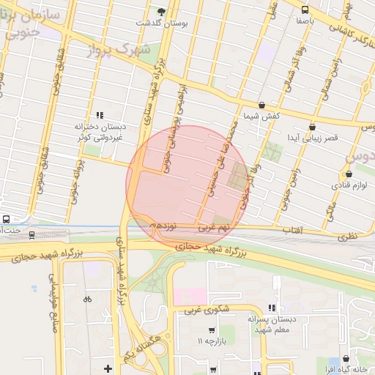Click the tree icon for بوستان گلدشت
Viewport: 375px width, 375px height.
click(162, 11)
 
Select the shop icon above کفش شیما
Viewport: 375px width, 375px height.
click(262, 105)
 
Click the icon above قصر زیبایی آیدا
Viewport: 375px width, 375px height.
click(312, 126)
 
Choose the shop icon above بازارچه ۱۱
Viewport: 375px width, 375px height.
click(212, 330)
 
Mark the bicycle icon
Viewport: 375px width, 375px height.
click(87, 299)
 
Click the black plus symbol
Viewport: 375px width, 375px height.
click(108, 368)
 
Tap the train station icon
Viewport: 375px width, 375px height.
click(31, 234)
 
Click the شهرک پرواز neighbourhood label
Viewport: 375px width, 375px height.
click(117, 50)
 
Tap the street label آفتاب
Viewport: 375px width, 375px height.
click(294, 230)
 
